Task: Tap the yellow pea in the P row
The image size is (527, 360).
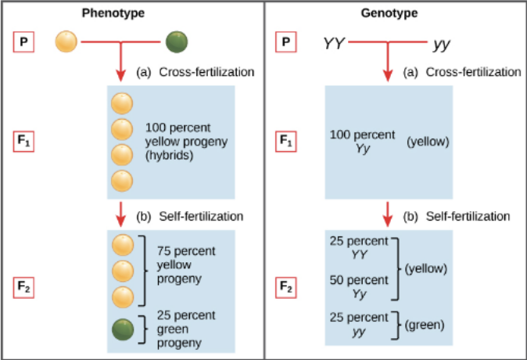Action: (66, 41)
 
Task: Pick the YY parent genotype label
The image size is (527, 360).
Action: (335, 43)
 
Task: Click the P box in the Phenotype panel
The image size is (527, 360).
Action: (26, 42)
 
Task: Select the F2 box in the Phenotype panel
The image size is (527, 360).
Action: (26, 286)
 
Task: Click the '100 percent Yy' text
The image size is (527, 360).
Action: (363, 141)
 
